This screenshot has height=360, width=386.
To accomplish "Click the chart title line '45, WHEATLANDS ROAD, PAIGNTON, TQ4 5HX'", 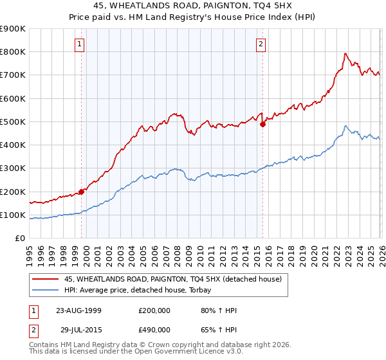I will [x=192, y=7].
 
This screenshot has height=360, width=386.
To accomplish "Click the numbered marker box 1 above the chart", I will [x=79, y=44].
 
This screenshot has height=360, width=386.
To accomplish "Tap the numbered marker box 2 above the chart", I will [x=261, y=44].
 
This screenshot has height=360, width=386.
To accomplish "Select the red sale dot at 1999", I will [x=82, y=192].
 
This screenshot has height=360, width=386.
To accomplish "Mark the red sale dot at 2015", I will [x=262, y=125].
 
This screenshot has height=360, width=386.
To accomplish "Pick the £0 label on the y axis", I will [x=19, y=239].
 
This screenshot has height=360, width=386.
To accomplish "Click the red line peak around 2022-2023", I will [x=345, y=53].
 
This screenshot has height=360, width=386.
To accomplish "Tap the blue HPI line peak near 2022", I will [x=345, y=126].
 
